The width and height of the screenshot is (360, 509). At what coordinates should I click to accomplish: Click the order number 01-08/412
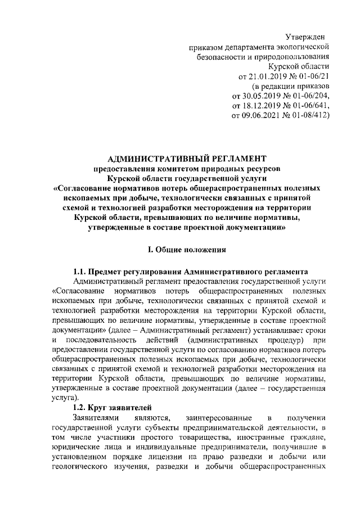click(x=301, y=116)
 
